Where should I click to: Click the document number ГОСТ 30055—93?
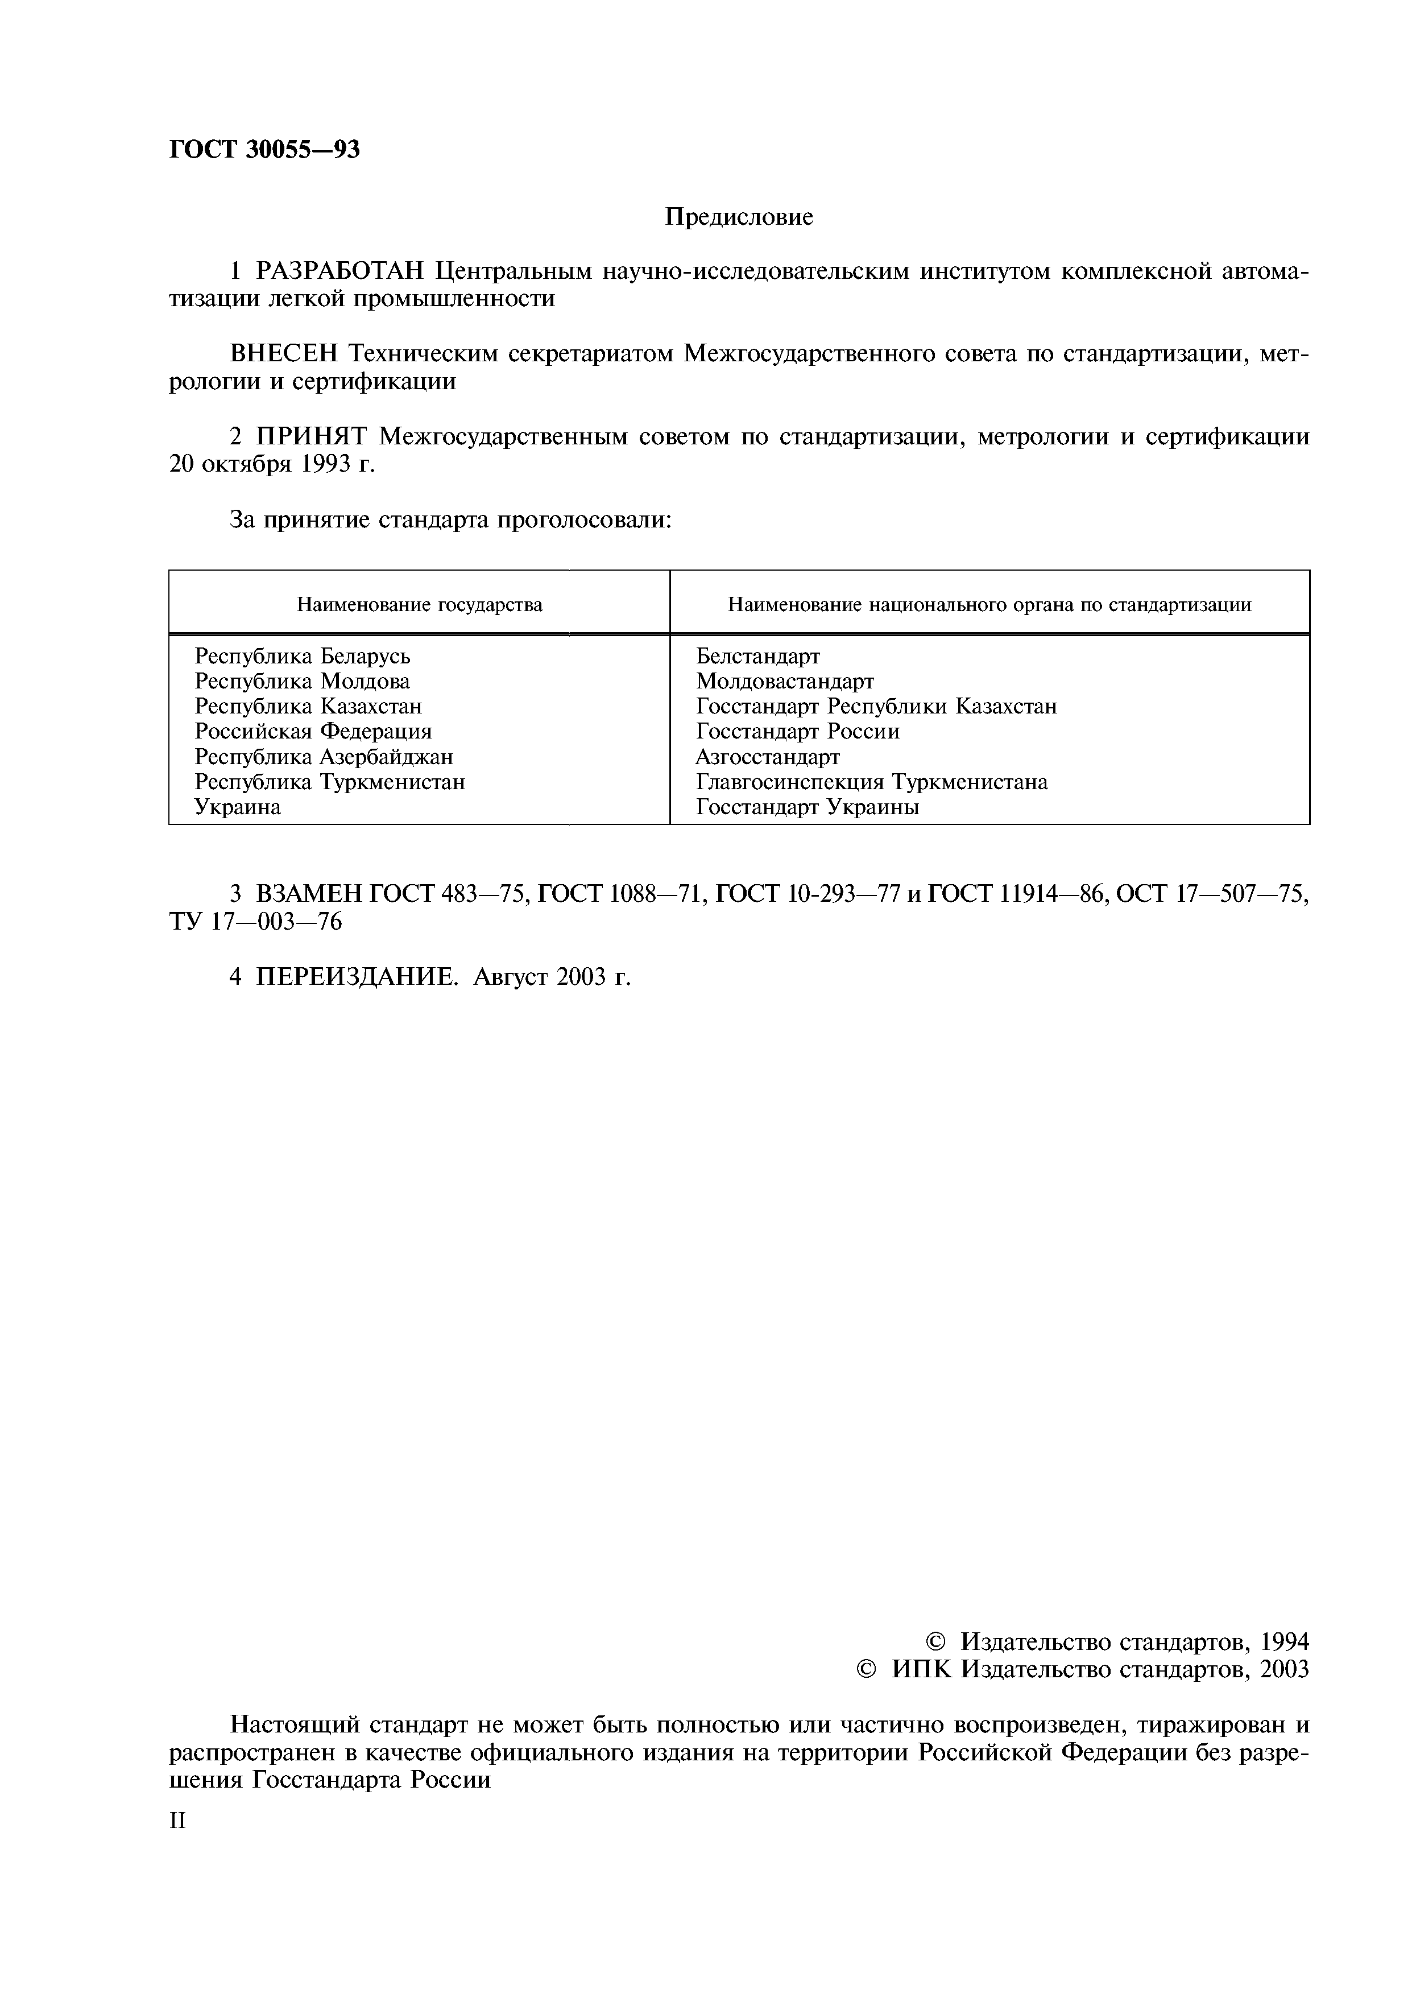click(x=263, y=150)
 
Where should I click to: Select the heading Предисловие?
click(x=739, y=217)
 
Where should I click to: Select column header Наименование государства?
click(x=419, y=604)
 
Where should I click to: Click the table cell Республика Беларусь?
click(x=302, y=656)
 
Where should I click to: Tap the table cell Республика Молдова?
click(x=302, y=681)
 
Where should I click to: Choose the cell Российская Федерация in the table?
click(x=313, y=732)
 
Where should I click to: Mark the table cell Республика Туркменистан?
click(x=329, y=782)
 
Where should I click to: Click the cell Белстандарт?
click(x=757, y=656)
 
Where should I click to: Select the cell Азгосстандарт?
click(x=768, y=757)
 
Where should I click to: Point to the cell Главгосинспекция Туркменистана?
click(x=871, y=782)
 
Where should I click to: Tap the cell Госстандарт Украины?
click(x=808, y=807)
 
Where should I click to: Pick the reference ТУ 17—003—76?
click(x=256, y=921)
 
